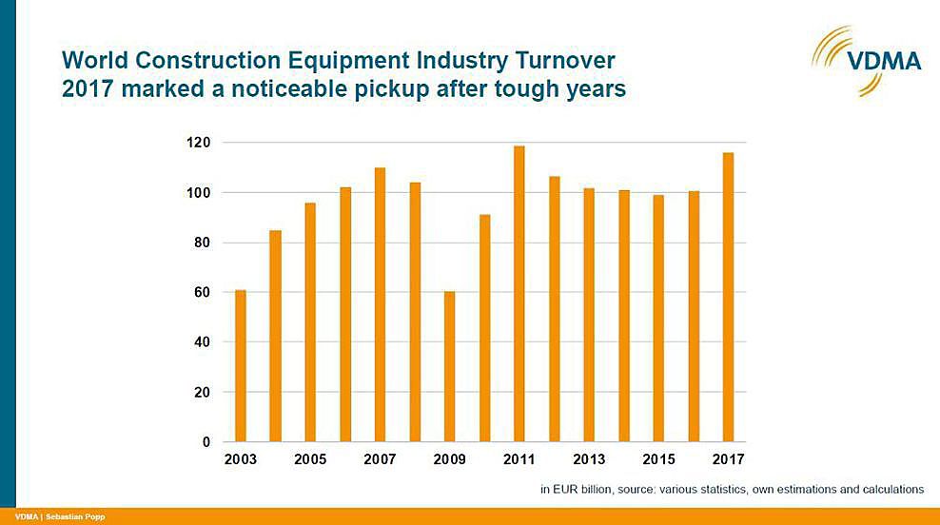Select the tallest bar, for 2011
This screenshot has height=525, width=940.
pos(519,294)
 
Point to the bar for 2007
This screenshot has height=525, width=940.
pos(380,304)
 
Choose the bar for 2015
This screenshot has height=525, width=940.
pos(658,319)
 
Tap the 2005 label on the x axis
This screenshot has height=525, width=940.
pos(310,459)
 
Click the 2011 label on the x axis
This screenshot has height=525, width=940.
pos(519,459)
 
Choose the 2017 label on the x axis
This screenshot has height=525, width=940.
pos(728,459)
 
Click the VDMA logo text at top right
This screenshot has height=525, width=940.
pos(885,61)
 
